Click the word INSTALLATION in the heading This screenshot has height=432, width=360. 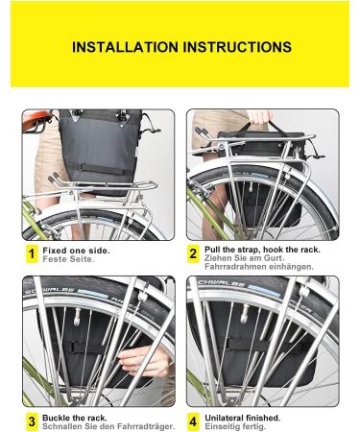(x=125, y=47)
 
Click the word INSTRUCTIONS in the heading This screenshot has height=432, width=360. (x=237, y=47)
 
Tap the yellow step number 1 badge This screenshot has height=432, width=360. (x=32, y=254)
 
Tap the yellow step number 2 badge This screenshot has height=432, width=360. (x=193, y=254)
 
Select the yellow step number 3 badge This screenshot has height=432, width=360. (x=32, y=421)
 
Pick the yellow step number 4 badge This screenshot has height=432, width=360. (x=193, y=421)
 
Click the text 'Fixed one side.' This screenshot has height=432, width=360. (x=76, y=251)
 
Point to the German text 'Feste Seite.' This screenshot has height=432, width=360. (x=68, y=259)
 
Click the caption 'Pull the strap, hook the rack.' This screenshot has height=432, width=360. (x=262, y=250)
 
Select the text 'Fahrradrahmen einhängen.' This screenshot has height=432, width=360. (x=259, y=267)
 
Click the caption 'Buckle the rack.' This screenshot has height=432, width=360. (x=75, y=418)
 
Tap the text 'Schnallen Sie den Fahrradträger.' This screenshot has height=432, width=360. (x=108, y=426)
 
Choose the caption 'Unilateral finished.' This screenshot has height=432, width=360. (x=243, y=418)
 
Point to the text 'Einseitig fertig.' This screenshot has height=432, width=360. (x=235, y=426)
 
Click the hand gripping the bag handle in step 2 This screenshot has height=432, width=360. (x=260, y=117)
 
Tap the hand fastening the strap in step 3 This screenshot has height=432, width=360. (x=145, y=362)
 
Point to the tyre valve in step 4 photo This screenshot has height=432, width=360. (x=246, y=314)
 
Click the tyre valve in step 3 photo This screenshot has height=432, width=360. (x=77, y=318)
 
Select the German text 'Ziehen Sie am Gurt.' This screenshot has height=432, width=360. (x=245, y=258)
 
